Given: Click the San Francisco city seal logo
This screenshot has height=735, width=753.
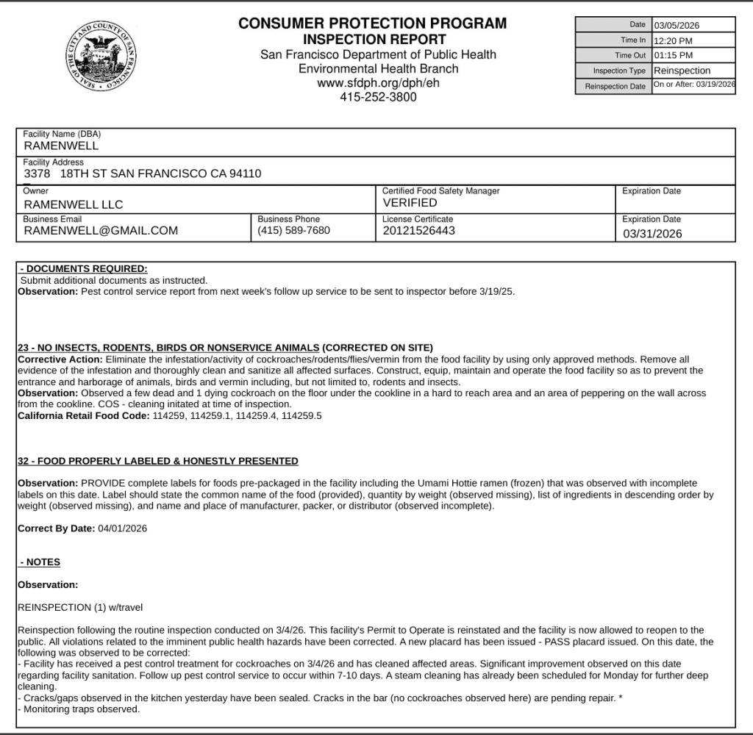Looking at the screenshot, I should (x=104, y=57).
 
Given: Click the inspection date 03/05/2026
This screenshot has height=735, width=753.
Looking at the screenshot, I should (x=676, y=25).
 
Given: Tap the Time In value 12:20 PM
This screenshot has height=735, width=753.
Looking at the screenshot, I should (x=673, y=40).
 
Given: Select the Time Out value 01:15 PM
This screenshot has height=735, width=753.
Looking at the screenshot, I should (x=673, y=56).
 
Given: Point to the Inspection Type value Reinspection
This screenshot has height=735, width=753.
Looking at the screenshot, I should (x=682, y=71).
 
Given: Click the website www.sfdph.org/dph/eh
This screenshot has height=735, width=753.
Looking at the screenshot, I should (x=378, y=82).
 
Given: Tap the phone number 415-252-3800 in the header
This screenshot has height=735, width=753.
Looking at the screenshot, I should (x=378, y=96).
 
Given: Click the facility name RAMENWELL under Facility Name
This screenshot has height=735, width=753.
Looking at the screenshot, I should (x=61, y=146).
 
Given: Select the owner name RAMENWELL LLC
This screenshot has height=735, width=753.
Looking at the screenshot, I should (x=74, y=204).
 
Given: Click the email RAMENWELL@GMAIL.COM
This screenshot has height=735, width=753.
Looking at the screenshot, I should (x=101, y=231).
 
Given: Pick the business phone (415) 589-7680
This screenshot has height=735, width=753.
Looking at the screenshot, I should (x=293, y=231).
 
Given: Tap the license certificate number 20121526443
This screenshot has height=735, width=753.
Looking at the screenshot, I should (x=418, y=231).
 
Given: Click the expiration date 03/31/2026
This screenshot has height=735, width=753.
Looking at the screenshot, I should (x=652, y=234).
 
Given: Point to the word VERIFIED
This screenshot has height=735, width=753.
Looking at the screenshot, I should (x=410, y=203).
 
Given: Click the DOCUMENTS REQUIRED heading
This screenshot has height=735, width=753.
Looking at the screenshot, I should (x=85, y=269).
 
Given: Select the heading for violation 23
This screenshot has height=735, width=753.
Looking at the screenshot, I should (x=168, y=348).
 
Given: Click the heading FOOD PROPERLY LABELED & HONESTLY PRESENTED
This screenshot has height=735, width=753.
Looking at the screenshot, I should (x=158, y=461).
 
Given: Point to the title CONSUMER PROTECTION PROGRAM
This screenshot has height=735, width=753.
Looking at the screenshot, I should (x=373, y=24).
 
